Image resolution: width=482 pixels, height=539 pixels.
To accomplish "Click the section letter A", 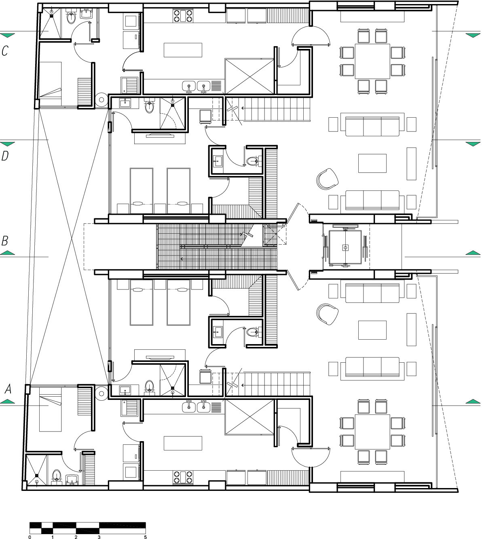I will (8, 389).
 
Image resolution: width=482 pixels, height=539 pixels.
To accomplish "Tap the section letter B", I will (5, 241).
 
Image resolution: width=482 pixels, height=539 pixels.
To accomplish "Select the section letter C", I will (5, 51).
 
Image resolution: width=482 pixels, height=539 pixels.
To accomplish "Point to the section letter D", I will (5, 156).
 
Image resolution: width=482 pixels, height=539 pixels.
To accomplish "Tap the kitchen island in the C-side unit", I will (183, 50).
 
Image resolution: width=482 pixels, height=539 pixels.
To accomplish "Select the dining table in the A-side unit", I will (372, 432).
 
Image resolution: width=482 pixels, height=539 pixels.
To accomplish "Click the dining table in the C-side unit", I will (372, 61).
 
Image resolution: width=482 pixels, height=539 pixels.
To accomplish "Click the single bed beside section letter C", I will (51, 84).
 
